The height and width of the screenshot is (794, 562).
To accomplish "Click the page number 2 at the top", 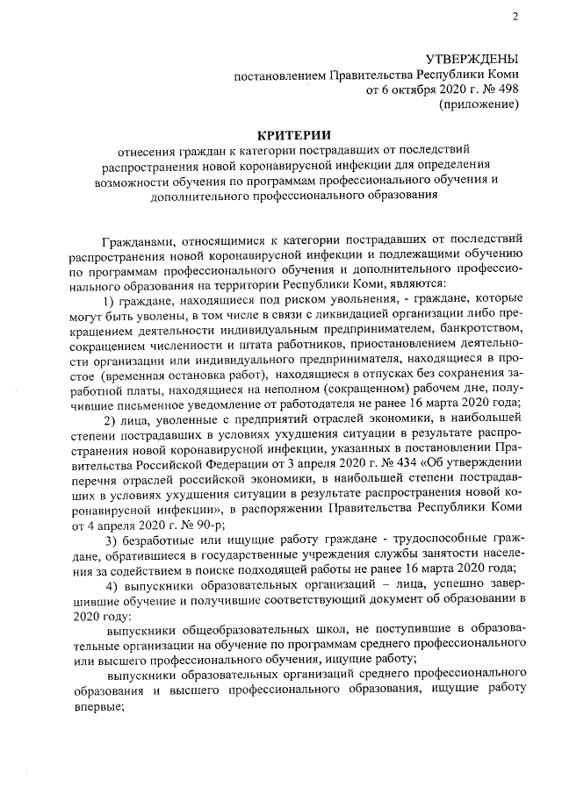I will (x=516, y=15).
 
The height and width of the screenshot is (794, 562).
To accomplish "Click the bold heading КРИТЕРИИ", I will (x=294, y=134).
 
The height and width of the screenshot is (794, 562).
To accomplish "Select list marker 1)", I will (x=112, y=301).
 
